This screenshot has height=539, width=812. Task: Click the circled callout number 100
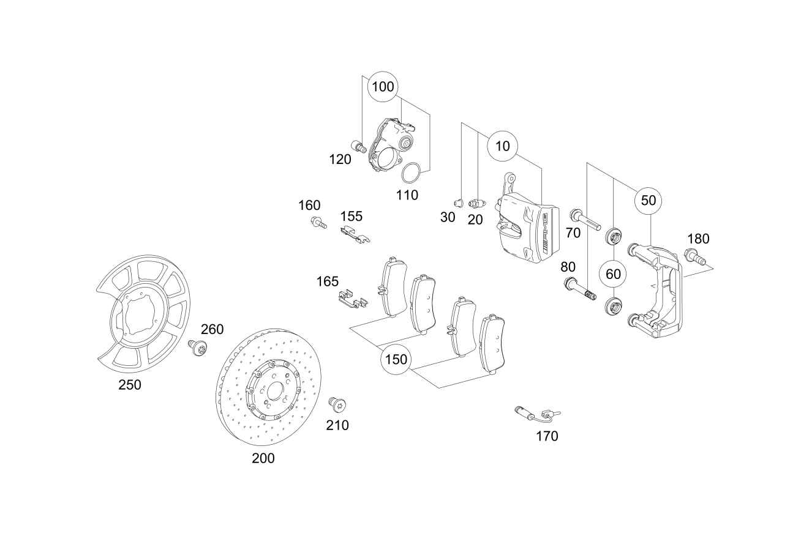click(383, 87)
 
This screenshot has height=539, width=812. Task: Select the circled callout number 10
click(502, 146)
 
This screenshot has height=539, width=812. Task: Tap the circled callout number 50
click(648, 200)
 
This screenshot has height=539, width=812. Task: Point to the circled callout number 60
click(613, 273)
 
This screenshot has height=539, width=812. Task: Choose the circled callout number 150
click(396, 360)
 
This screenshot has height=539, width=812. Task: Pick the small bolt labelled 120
click(357, 146)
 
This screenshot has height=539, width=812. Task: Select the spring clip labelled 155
click(355, 234)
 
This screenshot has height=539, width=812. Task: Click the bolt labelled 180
click(694, 258)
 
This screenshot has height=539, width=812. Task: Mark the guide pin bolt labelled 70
click(585, 219)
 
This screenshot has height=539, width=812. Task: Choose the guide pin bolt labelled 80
click(579, 289)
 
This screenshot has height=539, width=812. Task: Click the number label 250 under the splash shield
click(130, 385)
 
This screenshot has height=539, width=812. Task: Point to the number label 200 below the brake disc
click(263, 458)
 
